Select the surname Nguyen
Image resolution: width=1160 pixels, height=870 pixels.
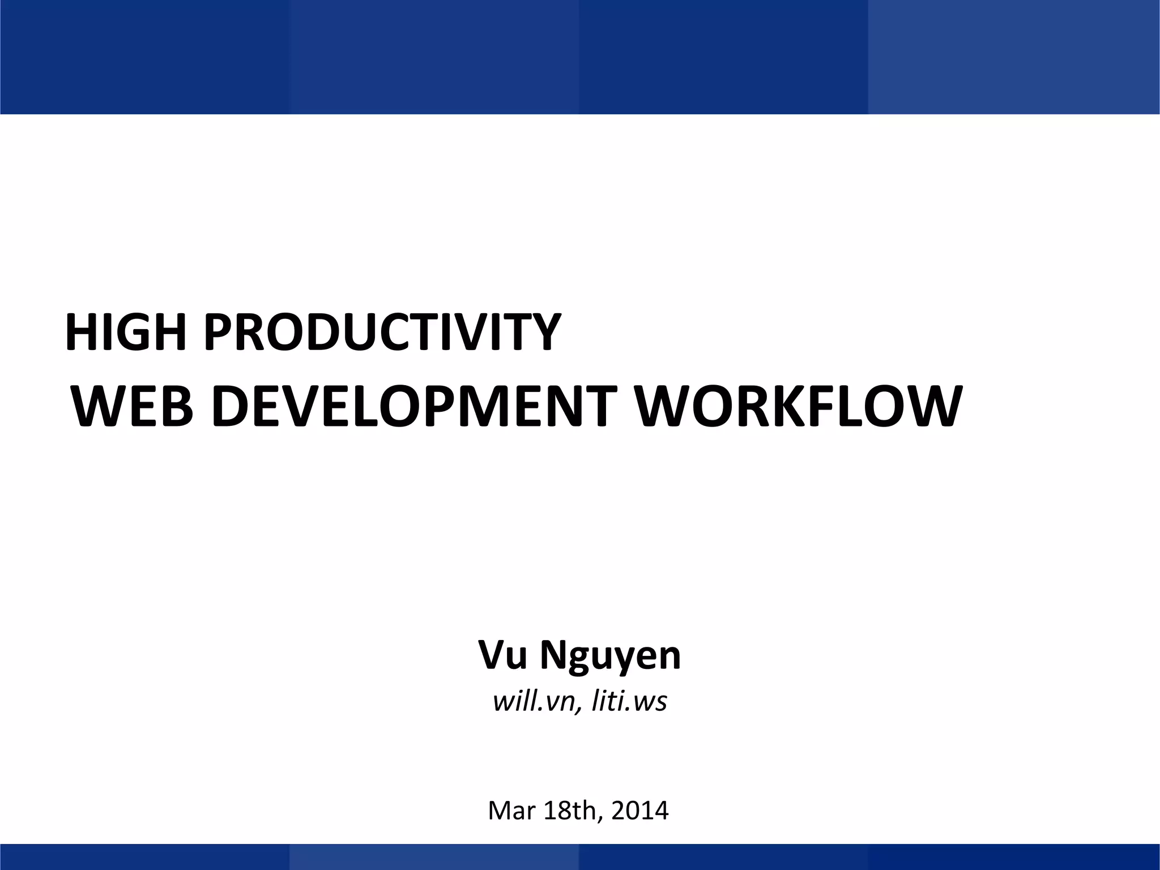(610, 657)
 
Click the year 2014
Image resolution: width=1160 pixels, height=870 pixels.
(640, 811)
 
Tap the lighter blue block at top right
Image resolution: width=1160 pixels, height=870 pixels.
(1014, 57)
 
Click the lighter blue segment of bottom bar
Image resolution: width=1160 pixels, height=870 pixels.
(434, 857)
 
